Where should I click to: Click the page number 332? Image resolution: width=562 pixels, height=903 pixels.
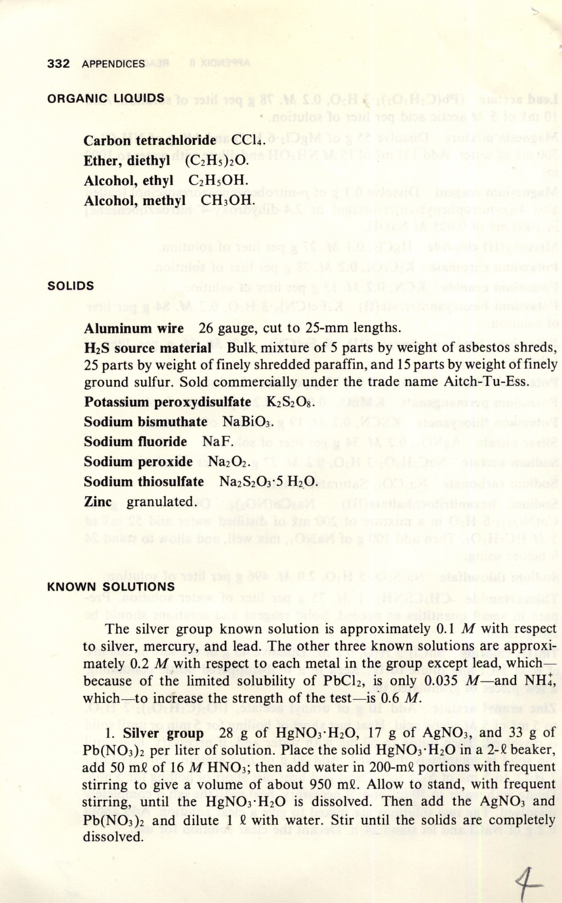click(58, 64)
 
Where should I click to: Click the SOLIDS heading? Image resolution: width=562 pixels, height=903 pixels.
click(70, 286)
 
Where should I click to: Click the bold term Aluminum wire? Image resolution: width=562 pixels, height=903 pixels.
click(133, 328)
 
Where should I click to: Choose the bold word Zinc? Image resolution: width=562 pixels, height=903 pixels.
click(98, 502)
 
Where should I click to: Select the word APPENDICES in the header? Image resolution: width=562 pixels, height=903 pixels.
click(113, 64)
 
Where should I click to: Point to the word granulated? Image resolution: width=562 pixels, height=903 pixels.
click(161, 502)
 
